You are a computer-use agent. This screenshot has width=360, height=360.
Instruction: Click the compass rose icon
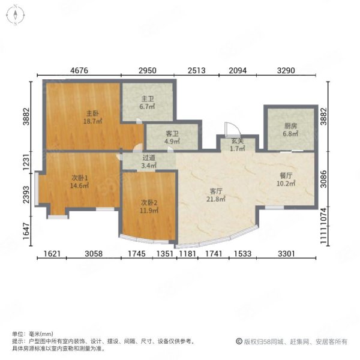tap(16, 15)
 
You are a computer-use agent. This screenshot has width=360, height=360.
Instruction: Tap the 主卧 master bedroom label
tap(92, 113)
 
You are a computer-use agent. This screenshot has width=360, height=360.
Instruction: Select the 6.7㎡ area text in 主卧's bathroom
tap(147, 107)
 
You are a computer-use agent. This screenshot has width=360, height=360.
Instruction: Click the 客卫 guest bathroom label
tap(172, 134)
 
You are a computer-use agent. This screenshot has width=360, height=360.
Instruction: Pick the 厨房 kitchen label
tap(290, 126)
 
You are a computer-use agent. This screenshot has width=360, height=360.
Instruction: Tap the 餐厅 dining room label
tap(286, 176)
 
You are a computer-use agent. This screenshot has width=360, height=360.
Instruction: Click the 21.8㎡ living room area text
tap(216, 199)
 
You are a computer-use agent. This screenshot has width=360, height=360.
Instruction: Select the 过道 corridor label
tap(149, 158)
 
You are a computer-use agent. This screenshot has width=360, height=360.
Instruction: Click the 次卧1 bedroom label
tap(80, 178)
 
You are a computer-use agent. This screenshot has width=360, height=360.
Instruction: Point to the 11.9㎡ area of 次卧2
tap(149, 211)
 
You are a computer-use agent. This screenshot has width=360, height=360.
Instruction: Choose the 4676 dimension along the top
tap(79, 70)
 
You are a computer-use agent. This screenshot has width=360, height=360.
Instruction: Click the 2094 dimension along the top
tap(238, 70)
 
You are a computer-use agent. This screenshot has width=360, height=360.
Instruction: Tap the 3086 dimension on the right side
tap(323, 179)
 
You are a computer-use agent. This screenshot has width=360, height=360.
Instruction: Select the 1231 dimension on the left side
tap(26, 163)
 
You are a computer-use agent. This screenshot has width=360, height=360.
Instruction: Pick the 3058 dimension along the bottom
tap(94, 254)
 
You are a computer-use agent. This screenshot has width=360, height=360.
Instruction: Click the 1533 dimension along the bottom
tap(242, 254)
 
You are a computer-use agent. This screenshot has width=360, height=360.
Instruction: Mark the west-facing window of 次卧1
tap(37, 189)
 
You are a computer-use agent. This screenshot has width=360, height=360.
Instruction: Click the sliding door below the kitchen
tap(292, 151)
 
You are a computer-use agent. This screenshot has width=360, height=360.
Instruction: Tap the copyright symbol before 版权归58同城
tap(239, 341)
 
